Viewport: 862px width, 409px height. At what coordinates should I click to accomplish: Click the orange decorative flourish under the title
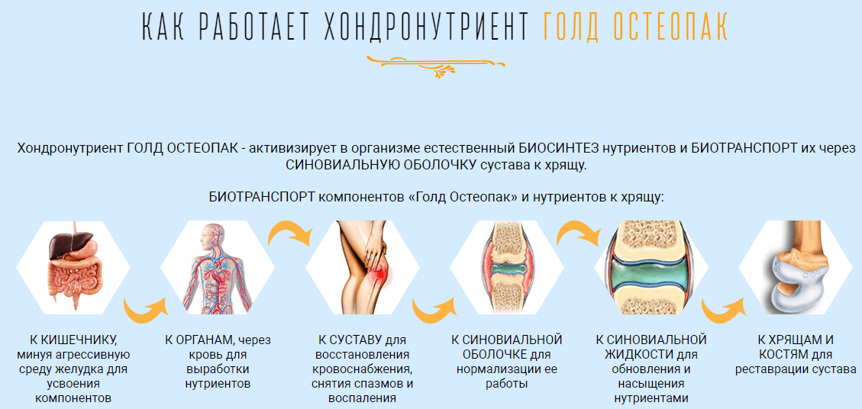(436, 64)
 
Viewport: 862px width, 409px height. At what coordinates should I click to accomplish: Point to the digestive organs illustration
(73, 268)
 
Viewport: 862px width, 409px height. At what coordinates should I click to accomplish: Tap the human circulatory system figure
(217, 268)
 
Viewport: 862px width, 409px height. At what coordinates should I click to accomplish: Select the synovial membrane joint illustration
(507, 268)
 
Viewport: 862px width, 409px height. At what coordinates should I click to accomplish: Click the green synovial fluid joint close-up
(651, 268)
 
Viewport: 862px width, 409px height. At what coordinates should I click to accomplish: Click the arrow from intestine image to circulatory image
(145, 310)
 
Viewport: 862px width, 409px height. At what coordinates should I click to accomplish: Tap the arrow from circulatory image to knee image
(289, 233)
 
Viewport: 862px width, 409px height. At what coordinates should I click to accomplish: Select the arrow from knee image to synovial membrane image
(434, 310)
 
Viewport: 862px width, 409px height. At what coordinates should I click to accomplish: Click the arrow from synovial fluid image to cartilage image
(724, 310)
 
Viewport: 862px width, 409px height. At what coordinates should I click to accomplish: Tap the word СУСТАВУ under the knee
(357, 340)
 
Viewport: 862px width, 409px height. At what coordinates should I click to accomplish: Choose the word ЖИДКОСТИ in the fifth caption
(635, 355)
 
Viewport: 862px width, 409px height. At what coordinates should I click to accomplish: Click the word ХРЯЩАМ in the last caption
(784, 340)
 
